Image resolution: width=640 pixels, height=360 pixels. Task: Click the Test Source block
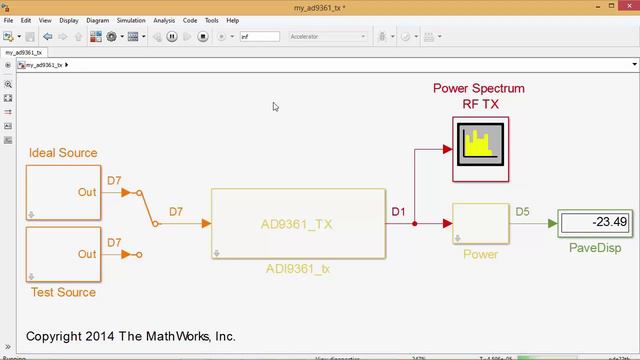pyautogui.click(x=63, y=254)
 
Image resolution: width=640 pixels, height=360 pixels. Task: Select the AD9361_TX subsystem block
pyautogui.click(x=299, y=224)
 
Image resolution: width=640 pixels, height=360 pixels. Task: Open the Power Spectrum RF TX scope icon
pyautogui.click(x=480, y=148)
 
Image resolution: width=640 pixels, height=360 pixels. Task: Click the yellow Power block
pyautogui.click(x=481, y=224)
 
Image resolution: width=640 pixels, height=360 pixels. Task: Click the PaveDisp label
pyautogui.click(x=594, y=248)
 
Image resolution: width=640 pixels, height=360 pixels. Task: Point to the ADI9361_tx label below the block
pyautogui.click(x=299, y=268)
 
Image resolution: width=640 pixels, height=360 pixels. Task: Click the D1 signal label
pyautogui.click(x=398, y=211)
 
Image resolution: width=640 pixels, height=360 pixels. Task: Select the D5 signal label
pyautogui.click(x=522, y=211)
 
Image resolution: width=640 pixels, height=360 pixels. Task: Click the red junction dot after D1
pyautogui.click(x=415, y=224)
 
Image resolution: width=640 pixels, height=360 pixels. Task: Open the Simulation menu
pyautogui.click(x=130, y=20)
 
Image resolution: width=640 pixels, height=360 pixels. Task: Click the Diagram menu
pyautogui.click(x=98, y=20)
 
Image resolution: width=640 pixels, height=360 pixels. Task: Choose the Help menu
pyautogui.click(x=232, y=20)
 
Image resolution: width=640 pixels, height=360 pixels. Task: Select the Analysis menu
pyautogui.click(x=164, y=20)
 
